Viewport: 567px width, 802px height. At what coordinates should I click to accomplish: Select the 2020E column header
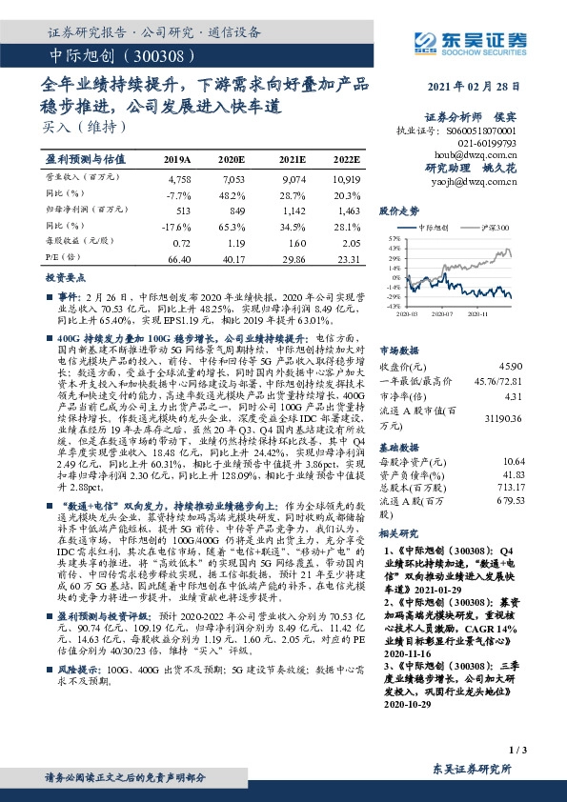tap(232, 159)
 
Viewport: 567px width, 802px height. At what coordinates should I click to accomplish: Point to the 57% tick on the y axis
tap(392, 240)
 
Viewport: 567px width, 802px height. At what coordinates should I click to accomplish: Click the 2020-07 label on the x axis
tap(441, 311)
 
